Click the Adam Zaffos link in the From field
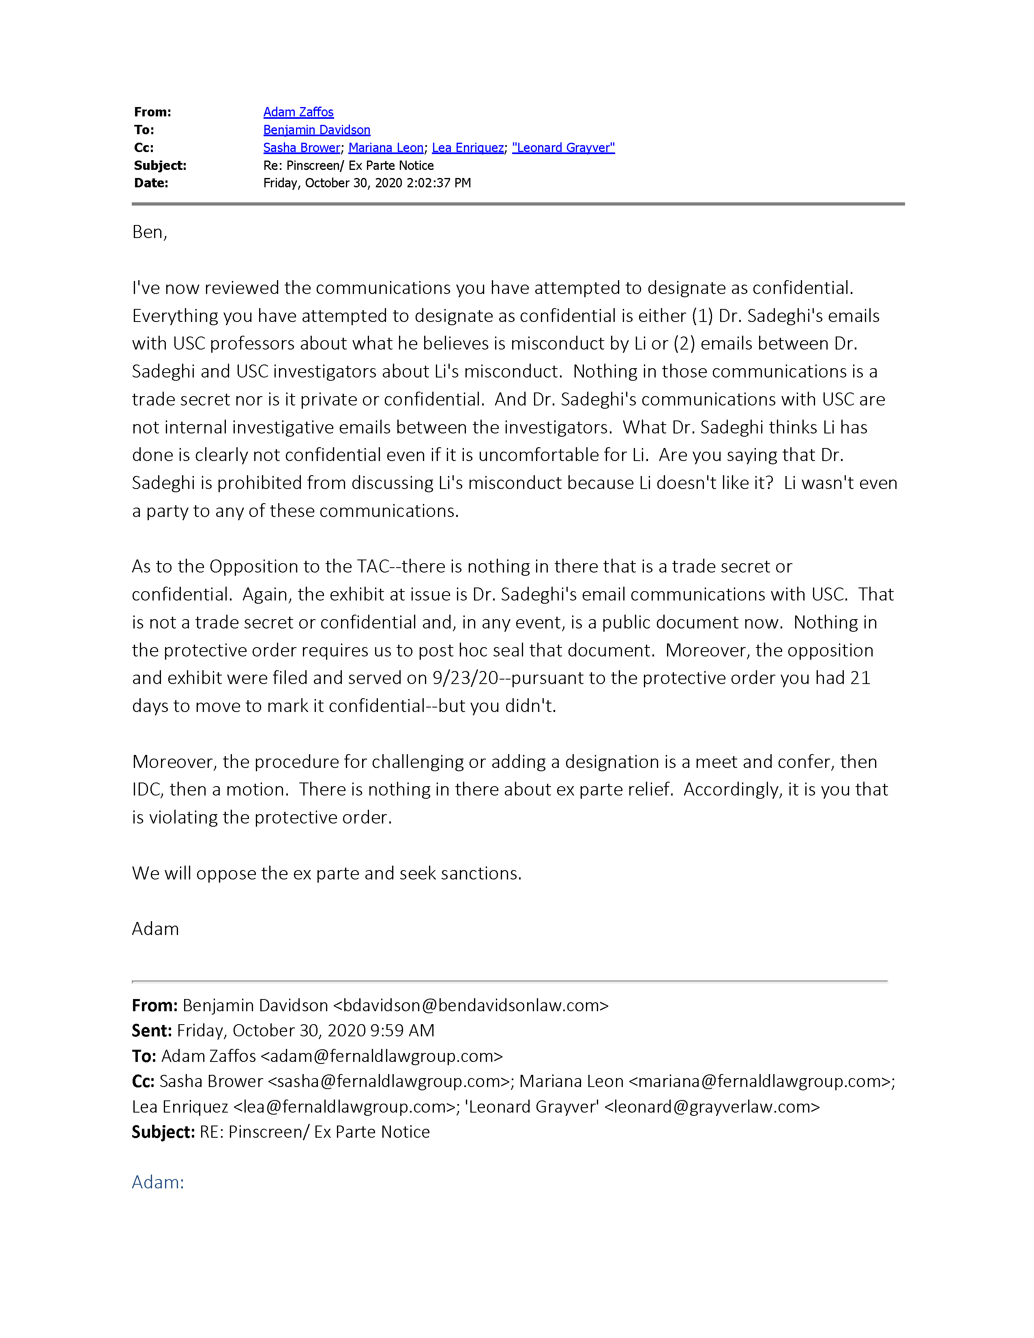pyautogui.click(x=298, y=112)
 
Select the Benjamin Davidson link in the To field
pyautogui.click(x=317, y=130)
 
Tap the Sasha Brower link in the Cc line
pyautogui.click(x=301, y=148)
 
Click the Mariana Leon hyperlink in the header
pyautogui.click(x=386, y=148)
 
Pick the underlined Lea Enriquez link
pyautogui.click(x=468, y=148)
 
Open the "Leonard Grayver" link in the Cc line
pyautogui.click(x=563, y=148)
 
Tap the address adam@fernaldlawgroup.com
pyautogui.click(x=382, y=1056)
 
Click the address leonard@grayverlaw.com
pyautogui.click(x=712, y=1107)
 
